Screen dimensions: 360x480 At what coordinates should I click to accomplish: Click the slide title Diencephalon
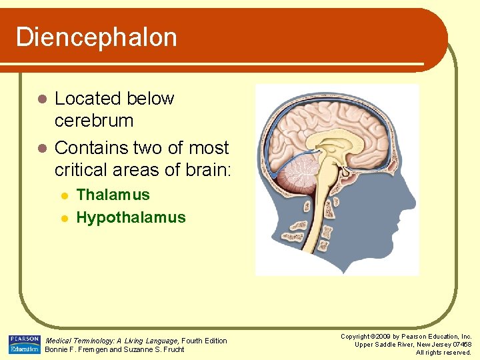97,37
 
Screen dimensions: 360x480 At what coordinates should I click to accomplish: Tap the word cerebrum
94,121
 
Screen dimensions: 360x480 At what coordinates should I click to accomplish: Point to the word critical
79,170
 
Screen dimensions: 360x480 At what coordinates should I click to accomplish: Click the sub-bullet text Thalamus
113,195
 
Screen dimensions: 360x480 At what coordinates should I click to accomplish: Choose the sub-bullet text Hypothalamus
131,217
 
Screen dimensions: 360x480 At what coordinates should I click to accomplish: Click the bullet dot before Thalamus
65,195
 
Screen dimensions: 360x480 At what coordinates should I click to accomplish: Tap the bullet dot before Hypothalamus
65,218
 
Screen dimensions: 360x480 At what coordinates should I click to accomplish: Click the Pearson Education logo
25,345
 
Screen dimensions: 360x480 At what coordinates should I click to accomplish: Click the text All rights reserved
443,352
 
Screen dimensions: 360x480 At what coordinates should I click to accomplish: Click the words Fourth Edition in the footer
204,341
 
